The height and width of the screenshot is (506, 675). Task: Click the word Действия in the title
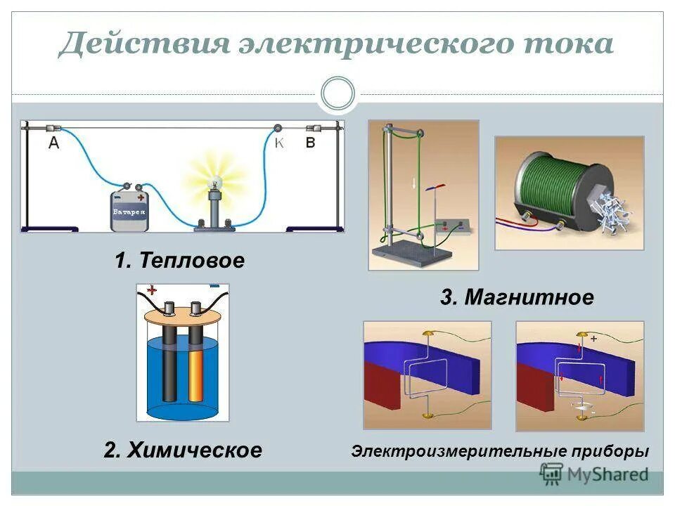click(x=144, y=44)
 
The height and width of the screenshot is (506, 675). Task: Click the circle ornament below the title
click(x=337, y=93)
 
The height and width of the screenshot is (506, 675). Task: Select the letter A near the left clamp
click(x=54, y=143)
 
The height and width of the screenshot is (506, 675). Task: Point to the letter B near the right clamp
click(x=310, y=143)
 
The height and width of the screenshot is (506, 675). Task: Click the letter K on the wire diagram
click(x=279, y=143)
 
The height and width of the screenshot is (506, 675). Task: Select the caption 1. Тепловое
click(x=180, y=261)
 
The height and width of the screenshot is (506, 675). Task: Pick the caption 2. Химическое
click(x=182, y=450)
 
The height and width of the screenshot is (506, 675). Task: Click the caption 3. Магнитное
click(x=517, y=297)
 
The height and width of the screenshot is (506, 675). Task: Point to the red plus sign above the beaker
click(x=151, y=290)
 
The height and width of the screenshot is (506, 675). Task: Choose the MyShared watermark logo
click(x=595, y=474)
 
